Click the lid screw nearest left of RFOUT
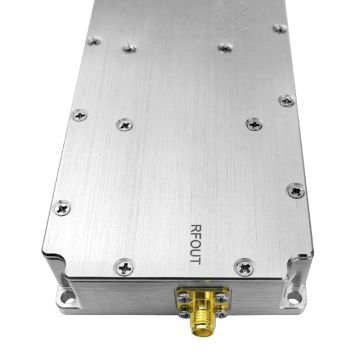point(123,267)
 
